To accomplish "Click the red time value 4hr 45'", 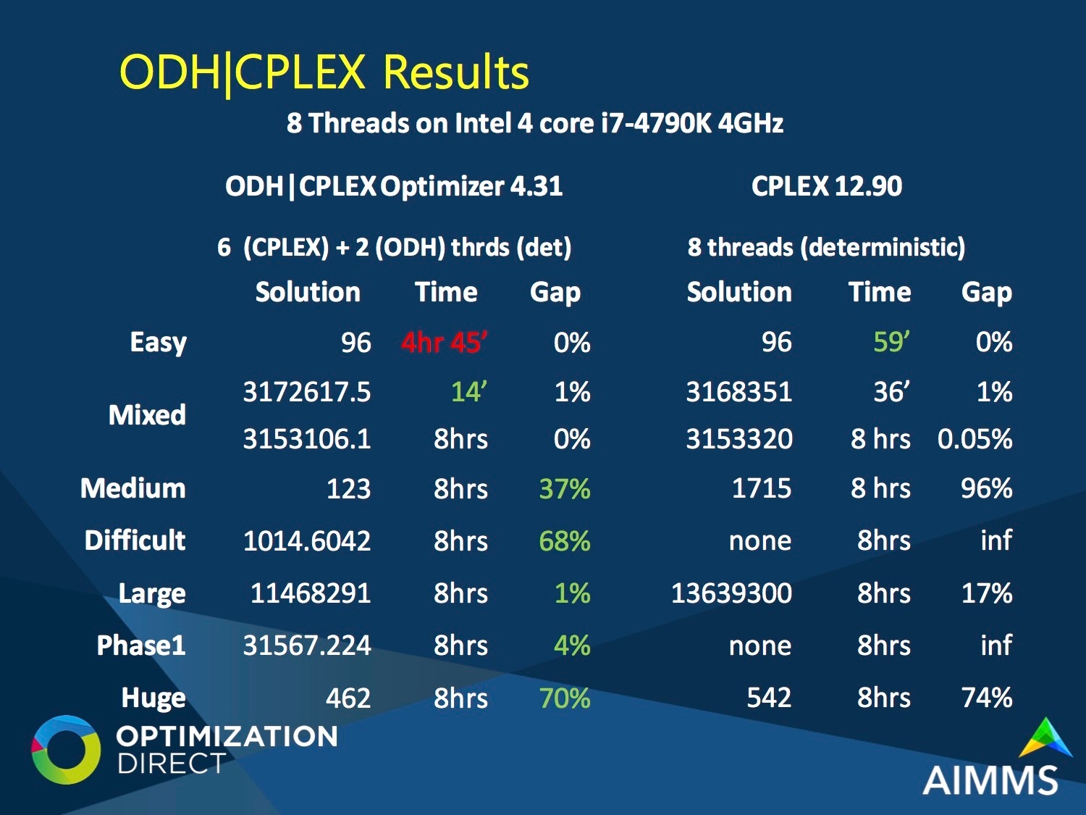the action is coord(445,342).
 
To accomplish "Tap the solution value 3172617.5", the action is coord(307,391).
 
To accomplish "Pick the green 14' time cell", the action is coord(469,391).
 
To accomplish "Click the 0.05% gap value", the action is coord(975,439).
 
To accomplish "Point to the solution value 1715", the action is coord(762,488).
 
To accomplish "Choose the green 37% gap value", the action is coord(565,488).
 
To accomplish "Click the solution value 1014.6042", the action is coord(307,540).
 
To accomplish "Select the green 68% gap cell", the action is coord(565,540).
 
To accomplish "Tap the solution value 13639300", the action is coord(731,593).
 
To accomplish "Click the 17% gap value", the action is coord(987,593).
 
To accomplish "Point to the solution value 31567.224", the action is coord(307,645).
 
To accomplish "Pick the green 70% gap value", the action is coord(565,698).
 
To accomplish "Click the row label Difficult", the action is coord(135,540).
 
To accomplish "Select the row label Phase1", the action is coord(141,645).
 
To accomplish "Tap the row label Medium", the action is coord(133,488).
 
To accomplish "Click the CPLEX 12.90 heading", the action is coord(827,186).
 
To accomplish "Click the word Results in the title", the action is coord(455,72).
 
